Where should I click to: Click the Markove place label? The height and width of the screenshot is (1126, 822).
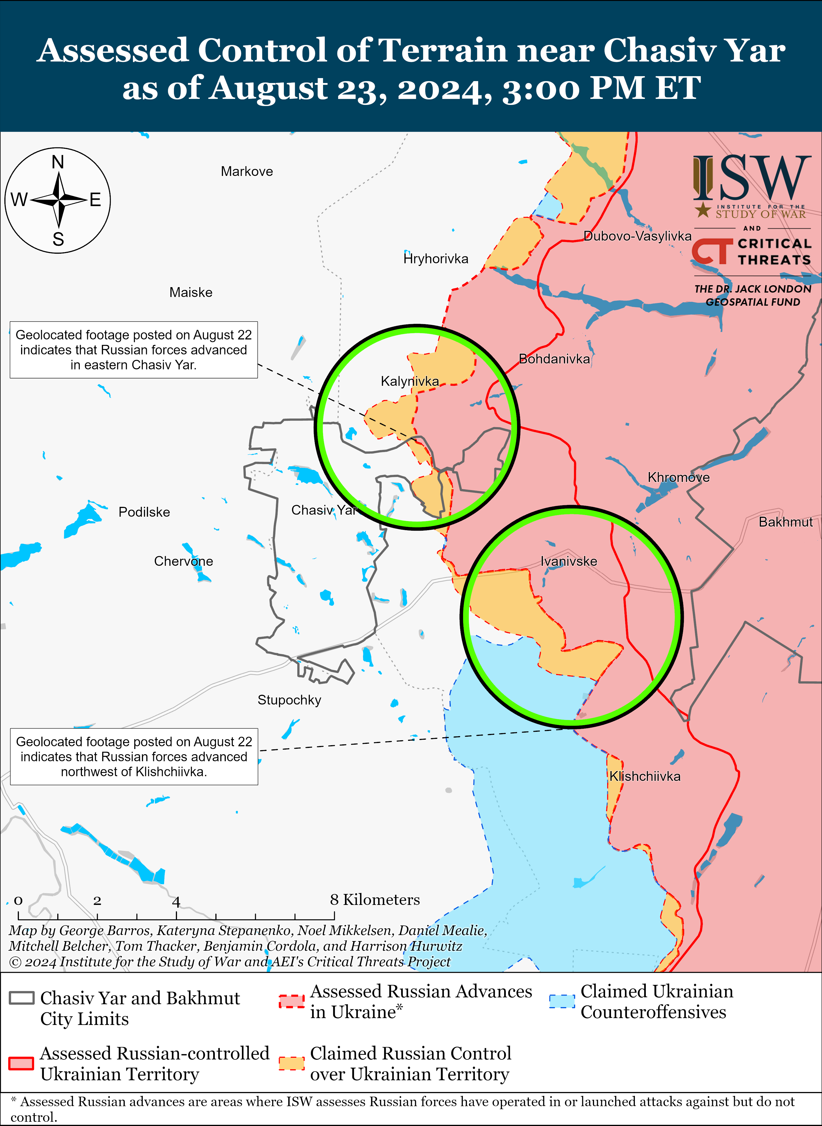coord(247,172)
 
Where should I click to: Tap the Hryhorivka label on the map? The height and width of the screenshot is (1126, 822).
coord(436,259)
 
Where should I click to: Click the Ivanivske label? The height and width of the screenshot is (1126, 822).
coord(569,561)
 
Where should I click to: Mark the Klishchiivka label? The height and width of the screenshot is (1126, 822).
coord(645,776)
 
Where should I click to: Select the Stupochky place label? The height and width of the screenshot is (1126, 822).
coord(289,700)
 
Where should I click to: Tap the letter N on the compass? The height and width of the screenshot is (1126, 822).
coord(58,162)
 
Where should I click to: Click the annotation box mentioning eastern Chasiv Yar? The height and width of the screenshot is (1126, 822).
coord(133,350)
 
